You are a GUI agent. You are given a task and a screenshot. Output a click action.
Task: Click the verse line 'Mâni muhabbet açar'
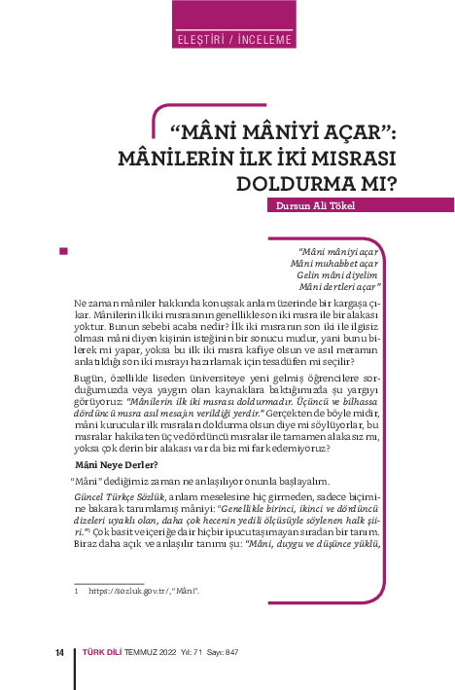[335, 263]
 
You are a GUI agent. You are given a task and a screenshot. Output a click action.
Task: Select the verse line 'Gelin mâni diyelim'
[338, 274]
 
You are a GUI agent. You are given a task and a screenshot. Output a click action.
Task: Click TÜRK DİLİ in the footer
[102, 652]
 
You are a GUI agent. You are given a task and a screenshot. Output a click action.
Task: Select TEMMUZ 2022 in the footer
[151, 652]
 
